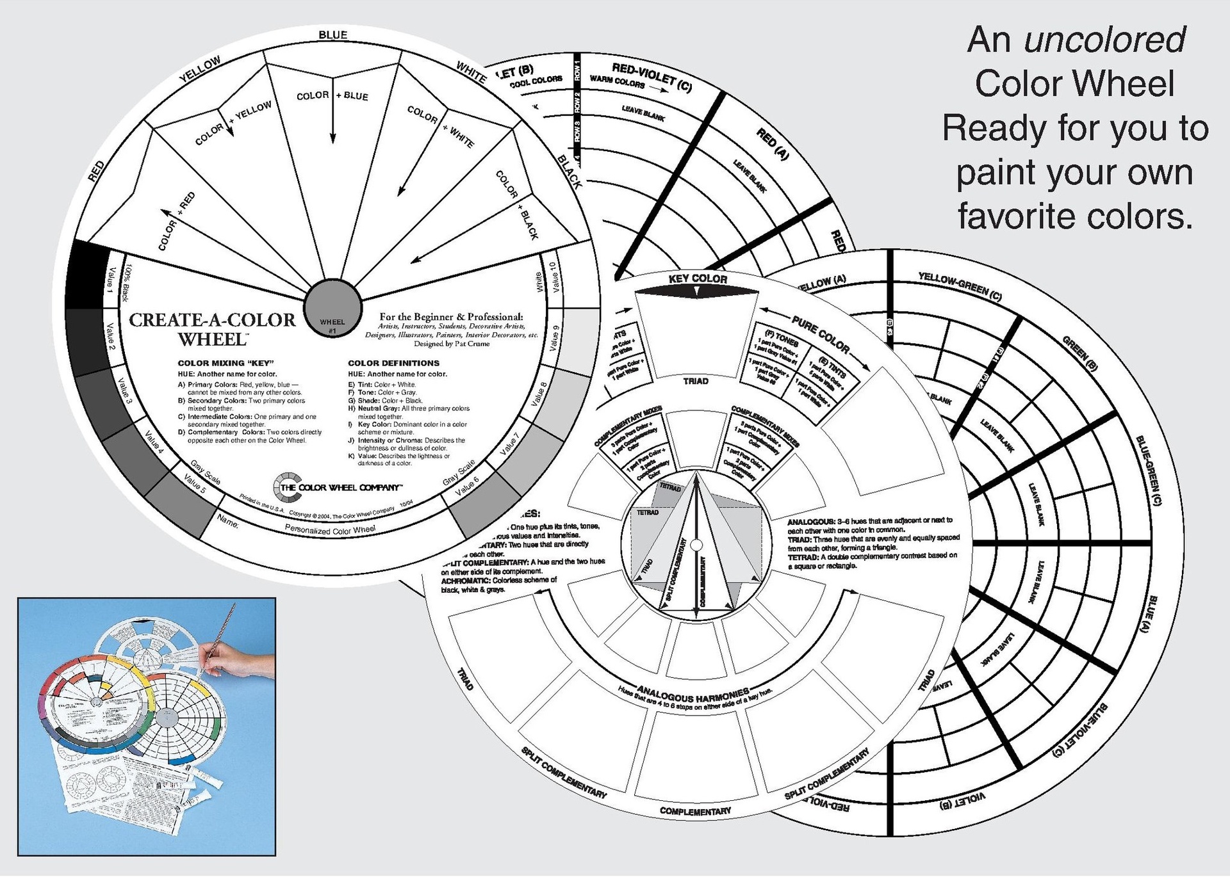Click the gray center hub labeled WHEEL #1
pyautogui.click(x=332, y=307)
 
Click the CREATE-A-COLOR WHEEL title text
pyautogui.click(x=213, y=329)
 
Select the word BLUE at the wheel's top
pyautogui.click(x=333, y=35)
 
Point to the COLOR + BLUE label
pyautogui.click(x=332, y=96)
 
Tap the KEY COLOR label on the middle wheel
pyautogui.click(x=698, y=279)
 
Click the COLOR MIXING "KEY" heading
pyautogui.click(x=225, y=363)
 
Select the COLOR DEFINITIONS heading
pyautogui.click(x=394, y=363)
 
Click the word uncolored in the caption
pyautogui.click(x=1104, y=40)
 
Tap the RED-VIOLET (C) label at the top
pyautogui.click(x=652, y=76)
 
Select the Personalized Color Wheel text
pyautogui.click(x=330, y=529)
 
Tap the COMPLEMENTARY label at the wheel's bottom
pyautogui.click(x=695, y=811)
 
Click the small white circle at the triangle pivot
pyautogui.click(x=697, y=545)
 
